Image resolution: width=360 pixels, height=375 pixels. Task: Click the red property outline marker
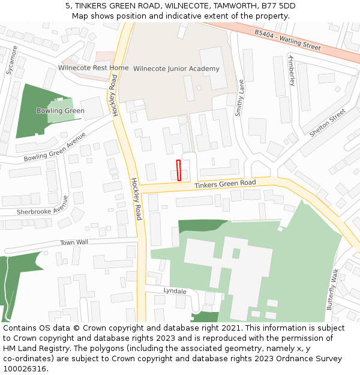179,170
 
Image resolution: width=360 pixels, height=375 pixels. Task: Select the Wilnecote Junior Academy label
176,69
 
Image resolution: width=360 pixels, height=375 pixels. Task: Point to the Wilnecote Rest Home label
93,68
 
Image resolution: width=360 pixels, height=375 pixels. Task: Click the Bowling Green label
60,110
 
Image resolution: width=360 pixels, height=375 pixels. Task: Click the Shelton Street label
327,122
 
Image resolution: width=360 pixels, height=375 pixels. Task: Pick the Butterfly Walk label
333,289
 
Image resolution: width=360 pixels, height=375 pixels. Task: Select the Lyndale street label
175,291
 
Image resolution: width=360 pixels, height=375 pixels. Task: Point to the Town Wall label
74,242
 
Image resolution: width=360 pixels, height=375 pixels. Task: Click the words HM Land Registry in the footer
32,348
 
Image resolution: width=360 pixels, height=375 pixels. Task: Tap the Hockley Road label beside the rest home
113,95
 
